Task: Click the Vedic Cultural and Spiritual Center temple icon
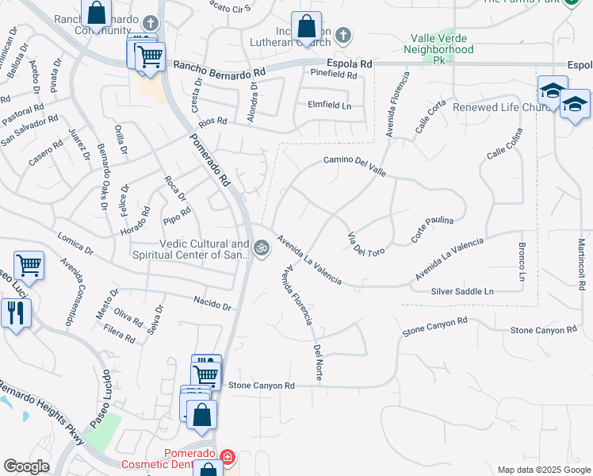(x=262, y=249)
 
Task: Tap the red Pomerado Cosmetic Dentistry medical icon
(x=228, y=458)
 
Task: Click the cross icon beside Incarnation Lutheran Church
(x=342, y=35)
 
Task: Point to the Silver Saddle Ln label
(x=462, y=292)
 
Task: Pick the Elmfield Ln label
(x=329, y=105)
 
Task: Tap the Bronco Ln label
(x=522, y=262)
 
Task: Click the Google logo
(x=26, y=466)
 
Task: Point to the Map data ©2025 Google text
(x=543, y=470)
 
